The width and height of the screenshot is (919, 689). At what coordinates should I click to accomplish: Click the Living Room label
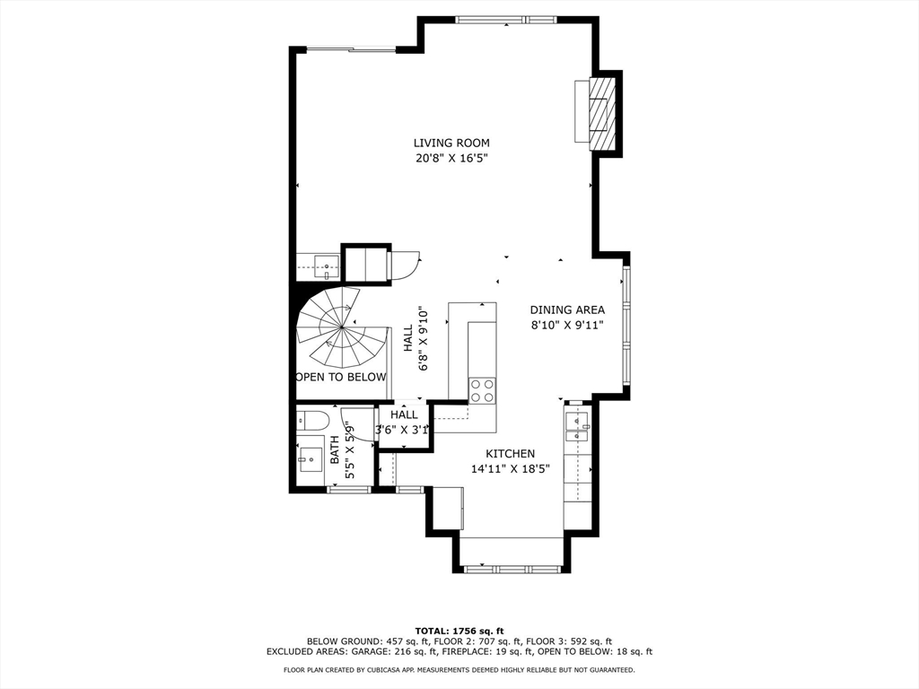tap(451, 143)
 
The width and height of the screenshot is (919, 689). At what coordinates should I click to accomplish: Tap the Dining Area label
tap(567, 310)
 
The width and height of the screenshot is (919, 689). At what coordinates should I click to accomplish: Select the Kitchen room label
tap(511, 453)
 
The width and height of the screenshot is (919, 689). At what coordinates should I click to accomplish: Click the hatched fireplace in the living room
tap(602, 113)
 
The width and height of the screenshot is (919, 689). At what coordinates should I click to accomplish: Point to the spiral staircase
tap(342, 327)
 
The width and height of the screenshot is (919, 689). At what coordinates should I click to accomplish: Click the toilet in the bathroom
tap(309, 420)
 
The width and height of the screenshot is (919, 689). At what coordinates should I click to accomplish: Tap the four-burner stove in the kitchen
tap(482, 390)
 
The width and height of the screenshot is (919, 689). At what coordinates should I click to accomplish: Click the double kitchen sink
tap(578, 428)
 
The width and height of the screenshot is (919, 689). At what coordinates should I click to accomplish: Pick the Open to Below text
tap(341, 378)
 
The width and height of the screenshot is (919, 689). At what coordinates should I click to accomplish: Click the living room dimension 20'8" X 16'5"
tap(451, 158)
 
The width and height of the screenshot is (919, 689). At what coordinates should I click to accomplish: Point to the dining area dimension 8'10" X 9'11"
tap(567, 325)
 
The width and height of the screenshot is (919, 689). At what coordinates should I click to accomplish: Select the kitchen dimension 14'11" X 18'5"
tap(511, 468)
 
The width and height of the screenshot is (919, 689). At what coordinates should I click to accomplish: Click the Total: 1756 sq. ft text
tap(459, 631)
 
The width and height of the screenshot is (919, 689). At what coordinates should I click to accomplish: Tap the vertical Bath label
tap(335, 450)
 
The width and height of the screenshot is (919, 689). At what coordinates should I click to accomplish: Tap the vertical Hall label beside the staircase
tap(408, 338)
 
